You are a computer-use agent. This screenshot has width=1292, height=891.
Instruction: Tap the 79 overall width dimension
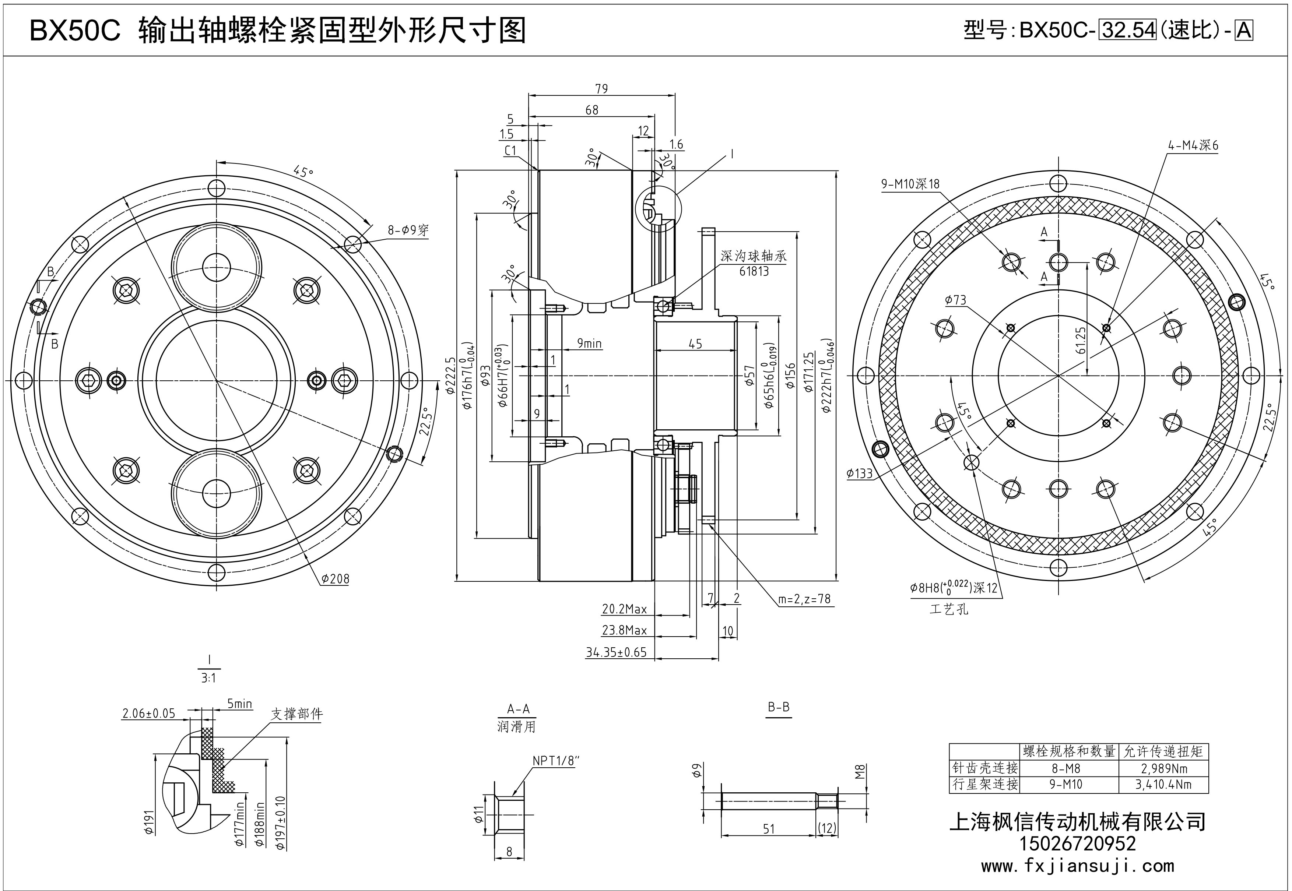tap(601, 89)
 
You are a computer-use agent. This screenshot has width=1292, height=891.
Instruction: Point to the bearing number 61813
tap(754, 271)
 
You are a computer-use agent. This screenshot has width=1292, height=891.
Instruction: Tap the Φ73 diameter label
tap(955, 300)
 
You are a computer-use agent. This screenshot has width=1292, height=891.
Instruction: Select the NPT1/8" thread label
tap(553, 761)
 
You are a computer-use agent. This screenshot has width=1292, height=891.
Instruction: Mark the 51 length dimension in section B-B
tap(769, 829)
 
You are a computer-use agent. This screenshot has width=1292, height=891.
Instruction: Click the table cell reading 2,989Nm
tap(1163, 769)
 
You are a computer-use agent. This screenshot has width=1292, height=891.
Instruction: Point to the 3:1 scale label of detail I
tap(209, 678)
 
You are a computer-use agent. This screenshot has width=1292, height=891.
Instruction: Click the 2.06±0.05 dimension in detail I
tap(148, 714)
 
